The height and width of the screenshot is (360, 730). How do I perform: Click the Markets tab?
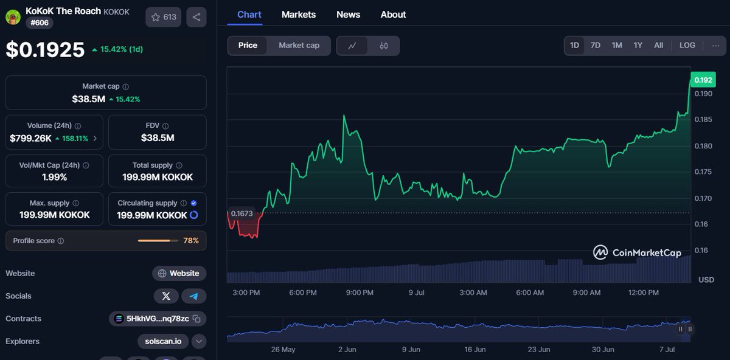coord(299,15)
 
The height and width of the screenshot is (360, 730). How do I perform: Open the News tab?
coord(348,15)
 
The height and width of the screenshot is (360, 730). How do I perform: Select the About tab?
coord(393,15)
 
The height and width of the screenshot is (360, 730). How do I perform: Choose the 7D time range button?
coord(596,45)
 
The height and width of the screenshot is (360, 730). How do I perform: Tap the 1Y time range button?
coord(638,45)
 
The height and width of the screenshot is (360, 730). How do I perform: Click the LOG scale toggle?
coord(687,45)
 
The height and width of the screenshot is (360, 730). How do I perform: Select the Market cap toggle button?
coord(299,45)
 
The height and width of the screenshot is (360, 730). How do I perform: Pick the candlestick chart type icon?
coord(384,46)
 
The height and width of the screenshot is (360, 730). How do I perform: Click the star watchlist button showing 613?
coord(164,17)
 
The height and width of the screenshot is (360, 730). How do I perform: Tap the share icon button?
coord(196,17)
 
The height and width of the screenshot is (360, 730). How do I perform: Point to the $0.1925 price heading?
coord(46,50)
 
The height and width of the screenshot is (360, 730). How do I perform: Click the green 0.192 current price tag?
coord(703,80)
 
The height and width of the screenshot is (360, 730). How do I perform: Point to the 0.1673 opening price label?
coord(241,212)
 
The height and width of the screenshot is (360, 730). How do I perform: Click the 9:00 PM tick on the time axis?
coord(360,292)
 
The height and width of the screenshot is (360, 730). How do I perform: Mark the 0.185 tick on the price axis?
coord(703,120)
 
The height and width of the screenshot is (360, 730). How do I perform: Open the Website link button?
coord(179,273)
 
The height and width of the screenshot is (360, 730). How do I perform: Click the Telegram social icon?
coord(194,296)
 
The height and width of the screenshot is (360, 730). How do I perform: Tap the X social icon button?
coord(166,296)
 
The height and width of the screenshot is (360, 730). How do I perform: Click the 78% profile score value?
coord(191,241)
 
